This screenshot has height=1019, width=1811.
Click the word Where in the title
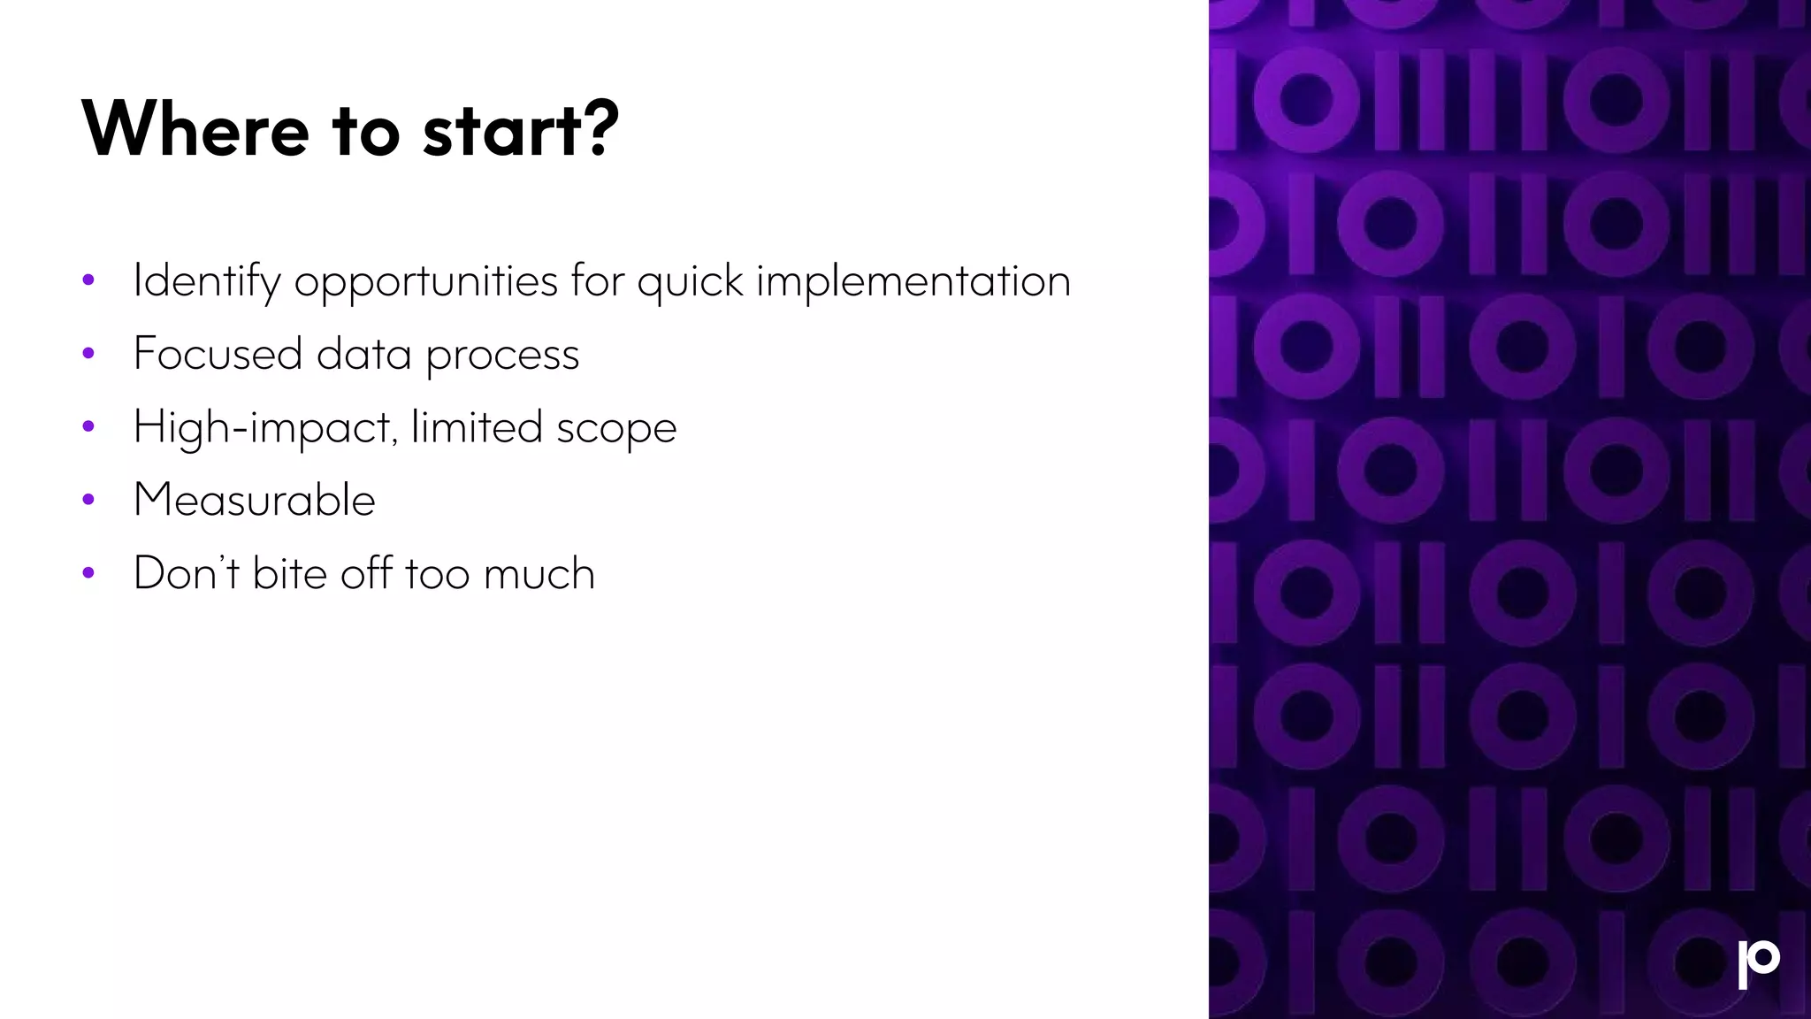point(195,129)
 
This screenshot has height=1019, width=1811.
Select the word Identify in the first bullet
point(207,281)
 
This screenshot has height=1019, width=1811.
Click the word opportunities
point(425,281)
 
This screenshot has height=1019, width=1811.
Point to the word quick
point(690,281)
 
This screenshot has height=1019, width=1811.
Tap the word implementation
point(913,281)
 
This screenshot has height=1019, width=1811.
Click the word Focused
point(218,354)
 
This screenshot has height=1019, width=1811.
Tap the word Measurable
point(255,500)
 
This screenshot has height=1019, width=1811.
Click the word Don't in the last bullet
point(186,572)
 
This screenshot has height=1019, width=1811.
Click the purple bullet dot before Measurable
point(88,501)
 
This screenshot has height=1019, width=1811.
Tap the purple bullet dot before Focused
point(88,354)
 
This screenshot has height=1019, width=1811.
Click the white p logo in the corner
point(1758,964)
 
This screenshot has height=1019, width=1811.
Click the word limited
point(477,427)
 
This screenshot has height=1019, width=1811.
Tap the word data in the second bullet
point(363,354)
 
